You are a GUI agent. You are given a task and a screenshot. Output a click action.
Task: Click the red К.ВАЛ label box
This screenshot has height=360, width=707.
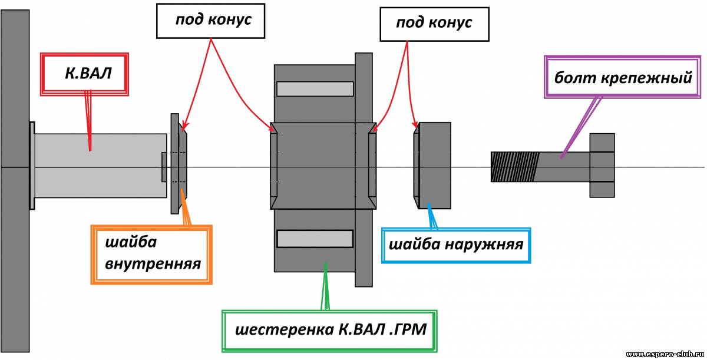[84, 74]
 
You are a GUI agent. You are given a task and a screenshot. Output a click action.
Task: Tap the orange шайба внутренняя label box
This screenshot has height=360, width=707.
[151, 255]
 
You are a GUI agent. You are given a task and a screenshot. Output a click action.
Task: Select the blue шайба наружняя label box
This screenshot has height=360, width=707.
[456, 245]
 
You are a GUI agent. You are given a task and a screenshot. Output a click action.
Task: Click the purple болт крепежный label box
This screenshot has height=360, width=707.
[622, 77]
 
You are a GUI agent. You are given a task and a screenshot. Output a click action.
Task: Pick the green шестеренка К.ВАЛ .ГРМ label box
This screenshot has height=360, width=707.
[329, 331]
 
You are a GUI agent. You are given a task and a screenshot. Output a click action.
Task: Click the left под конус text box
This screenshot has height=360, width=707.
[210, 21]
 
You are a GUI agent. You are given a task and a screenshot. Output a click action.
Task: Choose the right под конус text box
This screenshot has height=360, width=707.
[434, 24]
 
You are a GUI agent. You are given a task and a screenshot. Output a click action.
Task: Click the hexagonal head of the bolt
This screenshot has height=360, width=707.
[602, 166]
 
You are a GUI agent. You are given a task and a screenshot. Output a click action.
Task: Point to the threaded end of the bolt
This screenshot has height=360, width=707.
[515, 167]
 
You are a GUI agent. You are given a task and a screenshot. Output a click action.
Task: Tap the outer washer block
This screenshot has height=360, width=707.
[432, 166]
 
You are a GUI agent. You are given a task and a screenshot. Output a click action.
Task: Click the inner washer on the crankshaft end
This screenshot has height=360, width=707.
[179, 163]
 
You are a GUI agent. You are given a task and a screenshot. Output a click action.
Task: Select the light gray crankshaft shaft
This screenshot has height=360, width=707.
[100, 166]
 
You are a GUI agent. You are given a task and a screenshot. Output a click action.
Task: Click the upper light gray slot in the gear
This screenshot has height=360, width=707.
[315, 89]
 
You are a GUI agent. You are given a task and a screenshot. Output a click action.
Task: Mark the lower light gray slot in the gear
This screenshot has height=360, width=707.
[315, 239]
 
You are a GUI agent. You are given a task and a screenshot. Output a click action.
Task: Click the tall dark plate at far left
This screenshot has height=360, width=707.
[15, 181]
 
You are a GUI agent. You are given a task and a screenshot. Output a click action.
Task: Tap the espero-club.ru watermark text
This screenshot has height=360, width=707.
[665, 354]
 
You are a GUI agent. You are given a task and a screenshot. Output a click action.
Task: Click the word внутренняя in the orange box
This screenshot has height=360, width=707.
[153, 264]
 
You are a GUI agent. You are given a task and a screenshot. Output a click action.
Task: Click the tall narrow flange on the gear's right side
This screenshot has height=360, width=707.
[364, 170]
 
